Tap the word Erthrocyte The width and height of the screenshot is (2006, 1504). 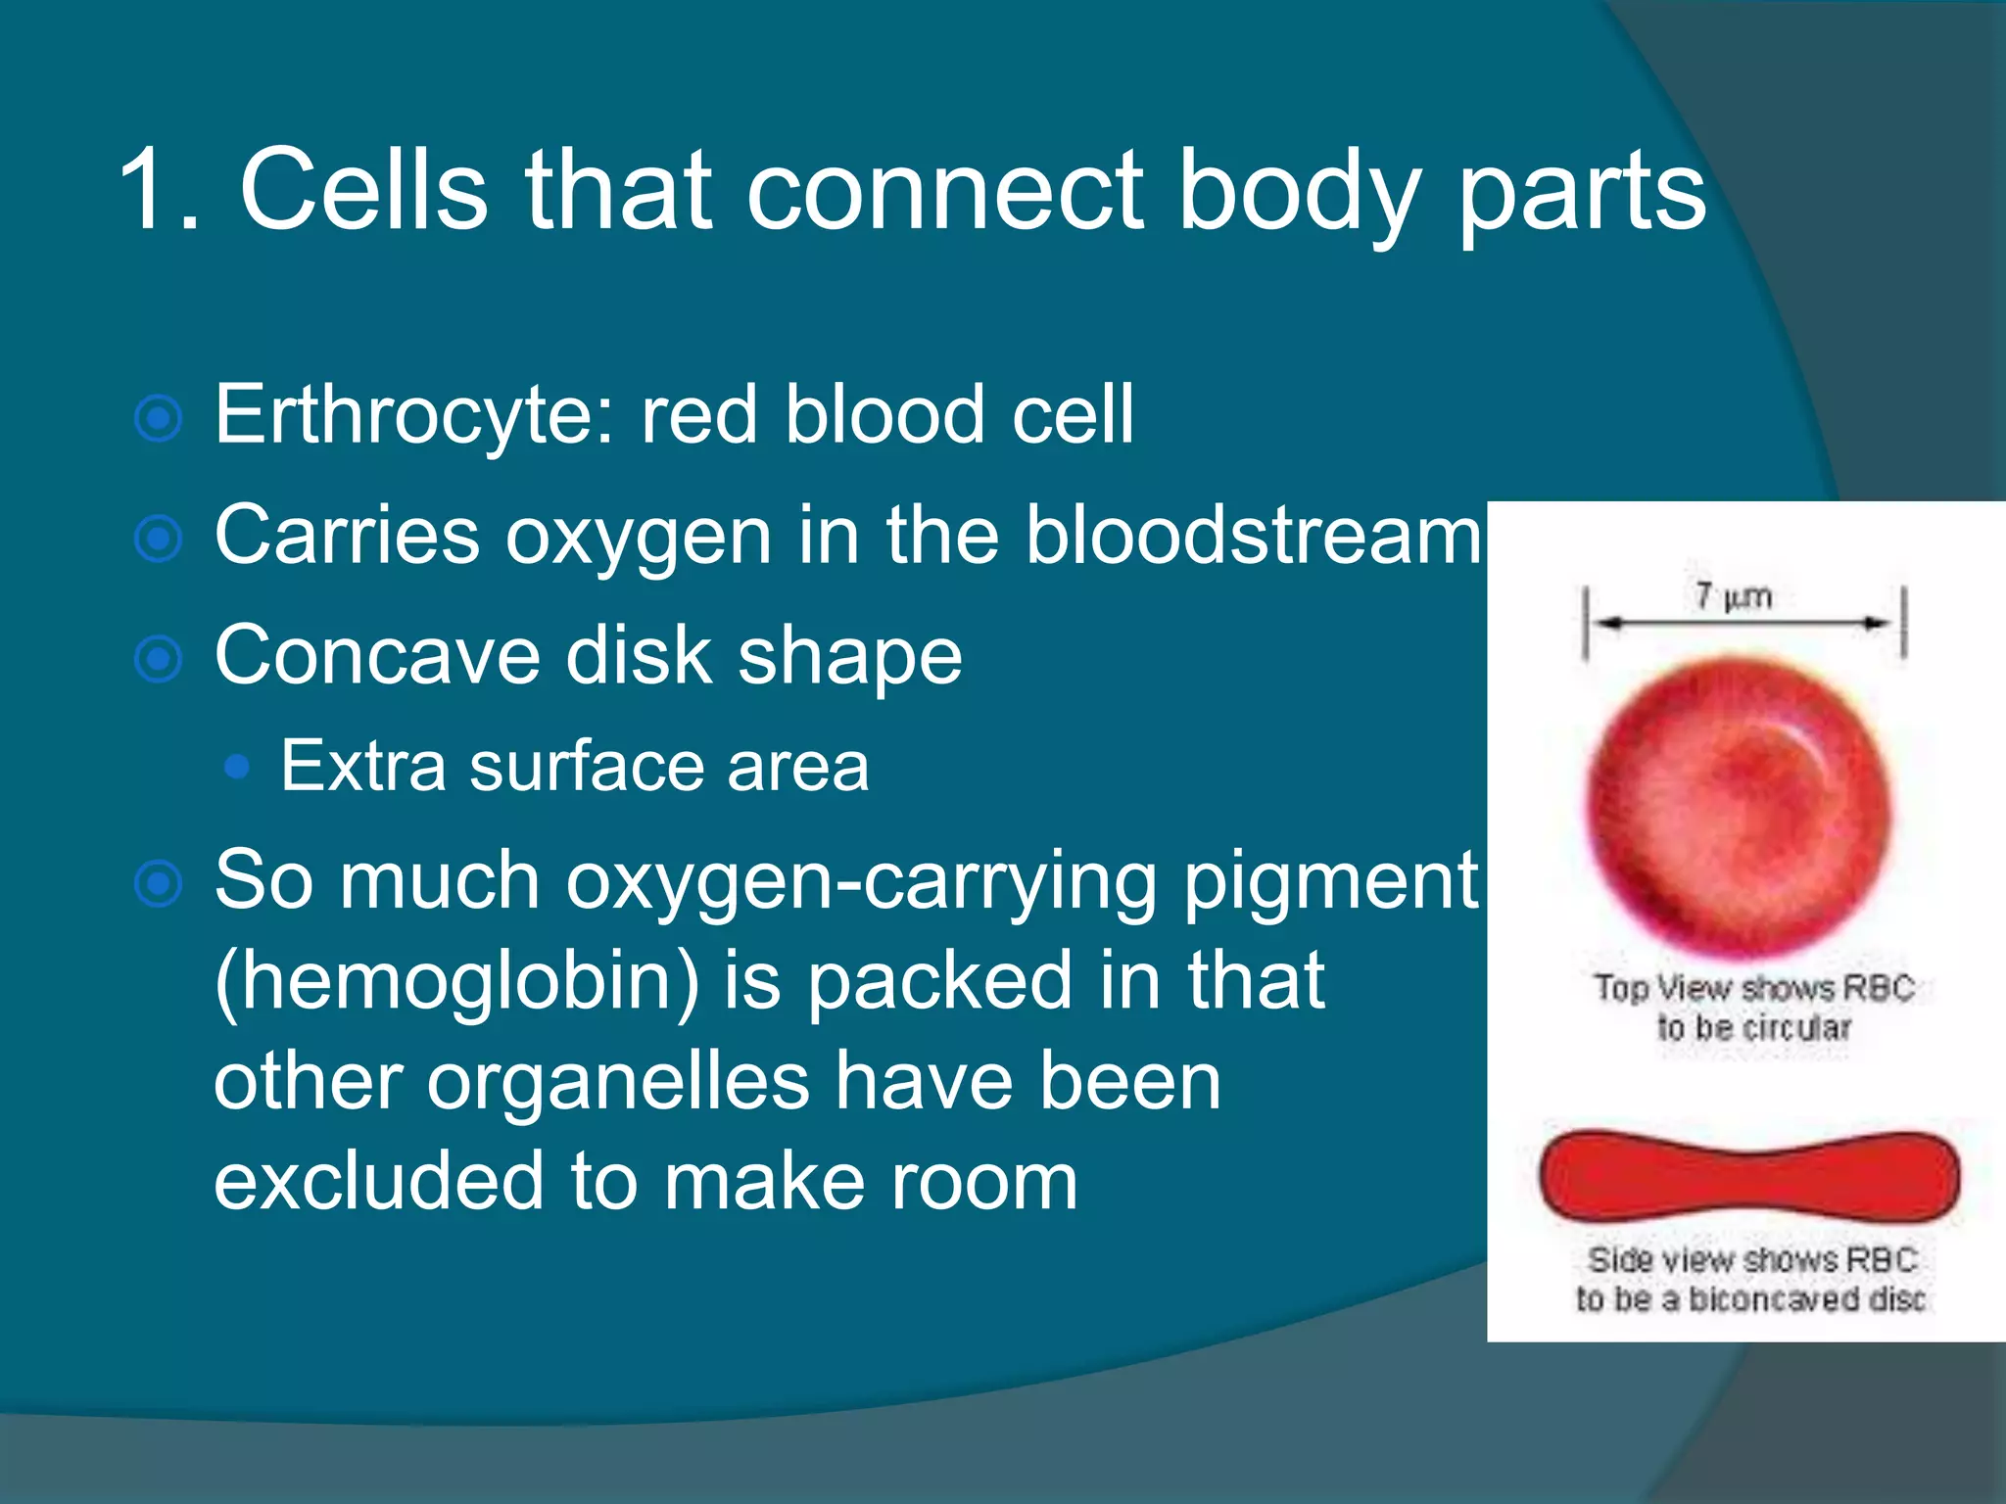[x=412, y=415]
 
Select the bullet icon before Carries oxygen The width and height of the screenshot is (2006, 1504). [x=158, y=539]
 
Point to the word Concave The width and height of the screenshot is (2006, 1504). [x=377, y=656]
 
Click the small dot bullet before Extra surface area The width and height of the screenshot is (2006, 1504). [x=236, y=767]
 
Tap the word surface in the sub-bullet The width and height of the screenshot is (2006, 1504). [x=586, y=767]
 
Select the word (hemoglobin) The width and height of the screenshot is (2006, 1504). [x=456, y=981]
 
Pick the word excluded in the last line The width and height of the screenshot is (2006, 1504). [x=378, y=1181]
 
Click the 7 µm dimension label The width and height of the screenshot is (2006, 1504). [x=1734, y=595]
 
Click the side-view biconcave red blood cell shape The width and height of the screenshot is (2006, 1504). [x=1749, y=1176]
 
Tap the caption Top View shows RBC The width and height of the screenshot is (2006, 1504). [x=1753, y=988]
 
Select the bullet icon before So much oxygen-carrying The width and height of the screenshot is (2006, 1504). [x=158, y=884]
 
